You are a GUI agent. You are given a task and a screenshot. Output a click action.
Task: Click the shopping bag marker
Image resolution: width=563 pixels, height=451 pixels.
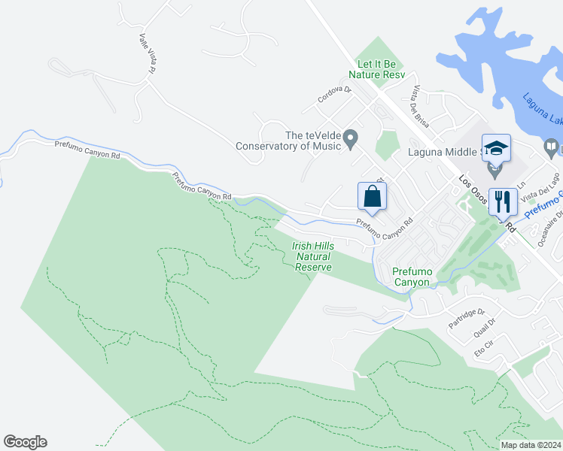[372, 197]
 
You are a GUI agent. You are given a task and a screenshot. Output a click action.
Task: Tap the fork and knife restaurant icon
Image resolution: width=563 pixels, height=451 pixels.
[502, 201]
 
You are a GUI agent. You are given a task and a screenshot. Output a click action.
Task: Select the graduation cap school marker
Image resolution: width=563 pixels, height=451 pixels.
[496, 148]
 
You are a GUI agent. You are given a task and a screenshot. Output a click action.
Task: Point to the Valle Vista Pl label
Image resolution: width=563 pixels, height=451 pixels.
[147, 53]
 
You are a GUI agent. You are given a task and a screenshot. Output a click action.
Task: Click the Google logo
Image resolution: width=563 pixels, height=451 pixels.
[25, 442]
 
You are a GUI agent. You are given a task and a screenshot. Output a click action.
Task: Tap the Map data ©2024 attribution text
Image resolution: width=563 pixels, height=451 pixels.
[531, 445]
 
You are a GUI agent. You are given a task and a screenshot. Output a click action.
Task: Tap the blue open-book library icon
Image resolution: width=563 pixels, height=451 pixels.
[552, 147]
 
